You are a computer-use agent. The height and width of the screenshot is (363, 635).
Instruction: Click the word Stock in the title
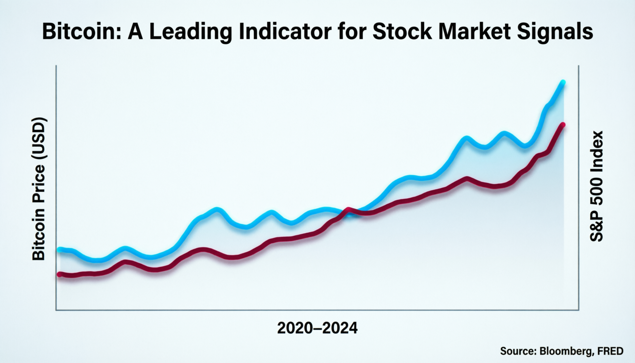402,32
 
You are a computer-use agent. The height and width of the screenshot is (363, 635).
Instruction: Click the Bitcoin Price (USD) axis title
39,189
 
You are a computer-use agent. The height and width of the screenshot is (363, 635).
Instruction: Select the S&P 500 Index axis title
597,186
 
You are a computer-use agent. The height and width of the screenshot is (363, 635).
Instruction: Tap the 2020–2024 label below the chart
317,328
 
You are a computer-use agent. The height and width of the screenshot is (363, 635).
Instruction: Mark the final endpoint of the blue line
563,82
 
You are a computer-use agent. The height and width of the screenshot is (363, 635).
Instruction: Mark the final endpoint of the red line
563,125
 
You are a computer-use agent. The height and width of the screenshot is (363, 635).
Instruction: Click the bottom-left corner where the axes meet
56,310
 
